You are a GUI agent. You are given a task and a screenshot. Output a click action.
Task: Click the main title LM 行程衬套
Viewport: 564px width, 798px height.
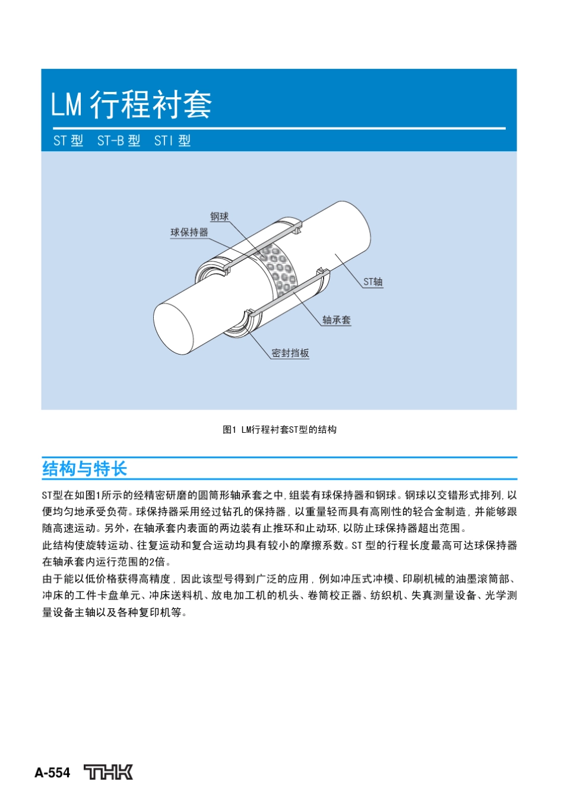[x=131, y=104]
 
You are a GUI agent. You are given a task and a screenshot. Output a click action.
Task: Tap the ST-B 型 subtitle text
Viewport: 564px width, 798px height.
[x=119, y=141]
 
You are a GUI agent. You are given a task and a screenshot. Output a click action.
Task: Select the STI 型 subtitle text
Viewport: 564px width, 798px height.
[x=172, y=141]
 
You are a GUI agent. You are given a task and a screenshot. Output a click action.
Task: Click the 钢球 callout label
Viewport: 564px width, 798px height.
[x=219, y=217]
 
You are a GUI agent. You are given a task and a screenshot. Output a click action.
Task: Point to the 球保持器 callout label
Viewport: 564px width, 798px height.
[x=189, y=232]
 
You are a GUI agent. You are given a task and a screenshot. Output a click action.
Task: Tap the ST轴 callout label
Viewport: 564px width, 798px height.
[x=373, y=282]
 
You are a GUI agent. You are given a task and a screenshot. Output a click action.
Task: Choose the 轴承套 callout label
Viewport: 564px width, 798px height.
[x=336, y=320]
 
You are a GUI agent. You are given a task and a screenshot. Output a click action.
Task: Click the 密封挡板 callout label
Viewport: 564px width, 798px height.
[x=290, y=353]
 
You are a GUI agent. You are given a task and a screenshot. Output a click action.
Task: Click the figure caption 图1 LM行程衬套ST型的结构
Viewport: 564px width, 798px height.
[x=279, y=430]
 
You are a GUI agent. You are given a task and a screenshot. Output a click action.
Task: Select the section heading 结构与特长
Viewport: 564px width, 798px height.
[x=84, y=469]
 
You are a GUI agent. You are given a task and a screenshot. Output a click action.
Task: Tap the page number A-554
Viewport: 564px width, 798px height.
[x=52, y=773]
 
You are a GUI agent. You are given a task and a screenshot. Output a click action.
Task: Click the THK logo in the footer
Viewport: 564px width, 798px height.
[x=108, y=772]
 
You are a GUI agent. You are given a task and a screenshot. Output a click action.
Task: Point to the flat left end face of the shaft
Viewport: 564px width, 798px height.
[x=173, y=329]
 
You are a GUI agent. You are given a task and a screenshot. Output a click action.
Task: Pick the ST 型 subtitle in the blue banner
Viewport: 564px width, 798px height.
[x=68, y=141]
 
